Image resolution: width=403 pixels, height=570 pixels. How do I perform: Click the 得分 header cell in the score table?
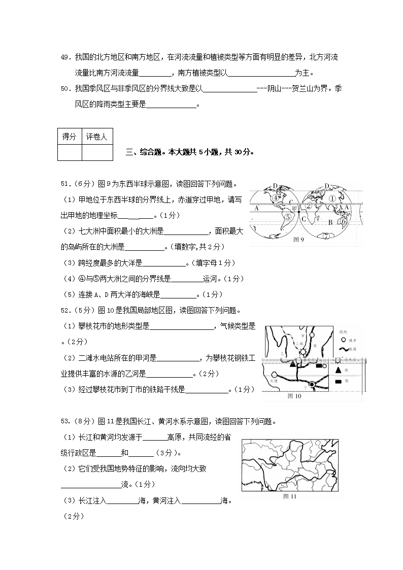(69, 137)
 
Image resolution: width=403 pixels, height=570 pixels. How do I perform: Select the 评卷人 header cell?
(96, 137)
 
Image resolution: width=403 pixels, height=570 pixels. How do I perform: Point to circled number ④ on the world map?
(275, 198)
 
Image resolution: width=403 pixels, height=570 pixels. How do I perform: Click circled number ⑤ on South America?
(288, 217)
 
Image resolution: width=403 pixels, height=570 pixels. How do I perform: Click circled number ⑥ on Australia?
(344, 221)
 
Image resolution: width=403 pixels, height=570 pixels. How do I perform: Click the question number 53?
(64, 421)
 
